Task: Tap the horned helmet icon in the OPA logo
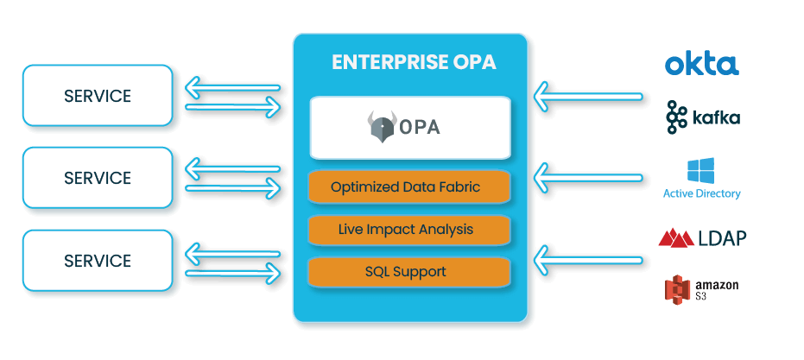click(379, 126)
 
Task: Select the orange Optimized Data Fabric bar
click(409, 186)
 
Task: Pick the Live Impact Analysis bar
click(409, 230)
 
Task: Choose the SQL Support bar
click(409, 272)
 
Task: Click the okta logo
click(701, 64)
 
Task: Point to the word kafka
click(717, 118)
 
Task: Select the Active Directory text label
click(701, 193)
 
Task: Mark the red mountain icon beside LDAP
click(676, 237)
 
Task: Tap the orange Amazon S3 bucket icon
click(678, 289)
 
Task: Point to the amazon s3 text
click(716, 289)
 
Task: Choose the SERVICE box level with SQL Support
click(97, 261)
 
